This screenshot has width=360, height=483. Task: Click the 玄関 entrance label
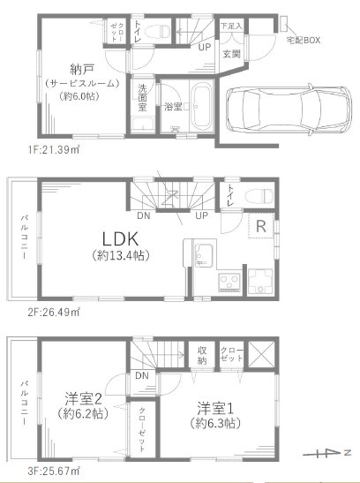pos(231,53)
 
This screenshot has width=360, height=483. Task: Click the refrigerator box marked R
pos(262,225)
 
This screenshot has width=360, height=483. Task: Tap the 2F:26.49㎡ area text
pos(55,312)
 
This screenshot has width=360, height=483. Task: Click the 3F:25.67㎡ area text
pos(55,471)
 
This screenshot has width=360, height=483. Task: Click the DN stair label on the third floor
pos(142,375)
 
